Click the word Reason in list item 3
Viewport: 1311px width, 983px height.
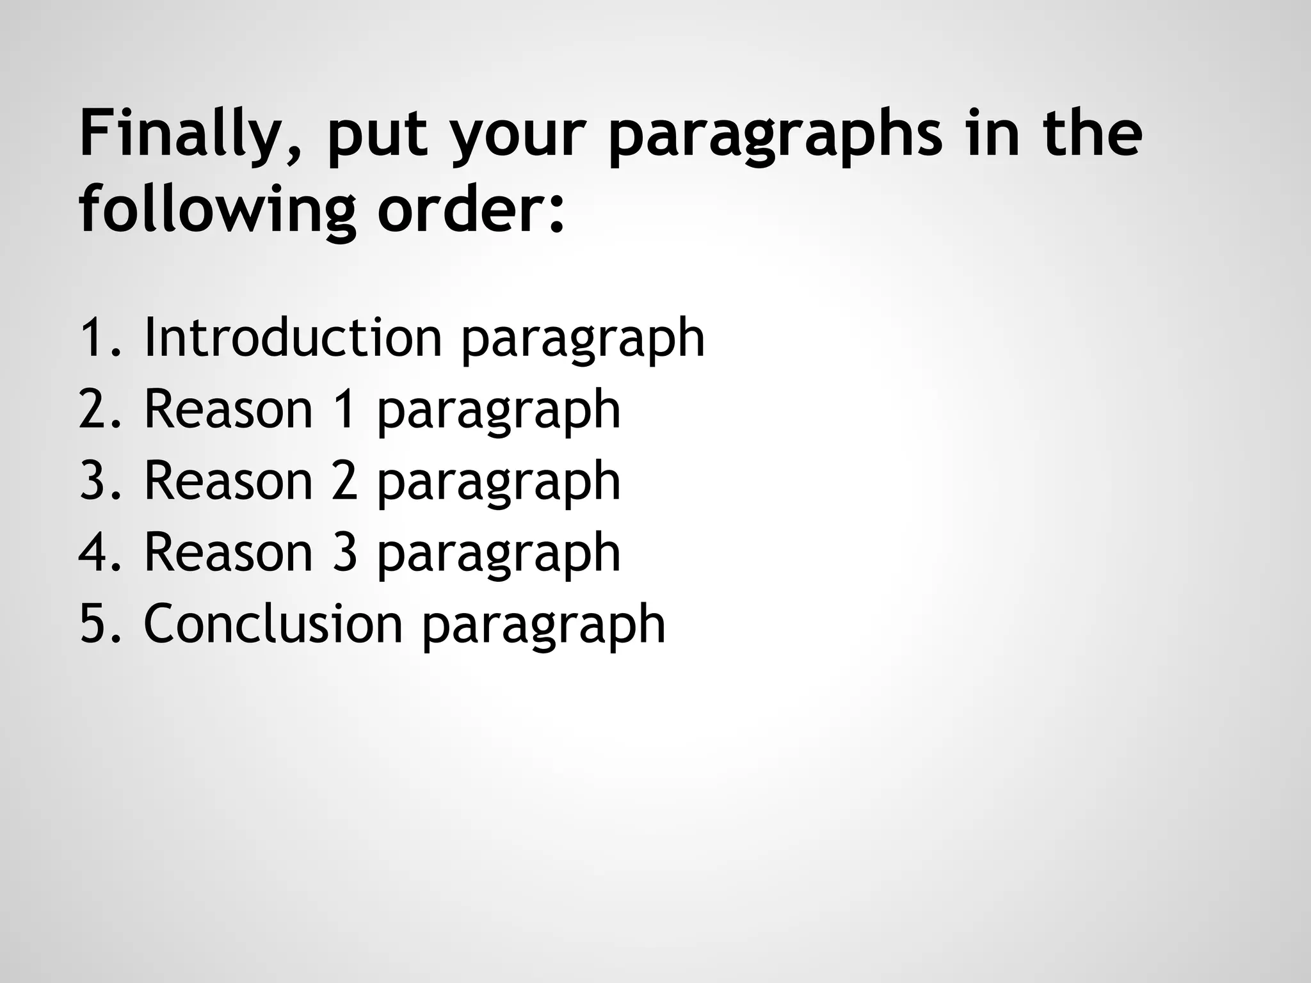tap(229, 481)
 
